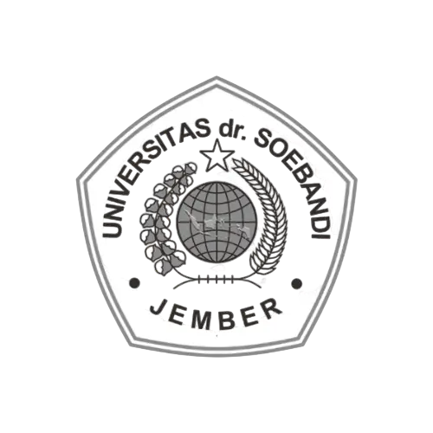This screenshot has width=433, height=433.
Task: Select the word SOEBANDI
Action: click(297, 179)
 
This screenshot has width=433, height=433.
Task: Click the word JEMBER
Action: click(216, 314)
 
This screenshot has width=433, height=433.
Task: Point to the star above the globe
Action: click(217, 156)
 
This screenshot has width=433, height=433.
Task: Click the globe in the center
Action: click(216, 222)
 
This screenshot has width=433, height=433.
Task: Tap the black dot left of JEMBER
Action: click(135, 283)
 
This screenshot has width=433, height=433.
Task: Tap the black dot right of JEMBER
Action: click(297, 284)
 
